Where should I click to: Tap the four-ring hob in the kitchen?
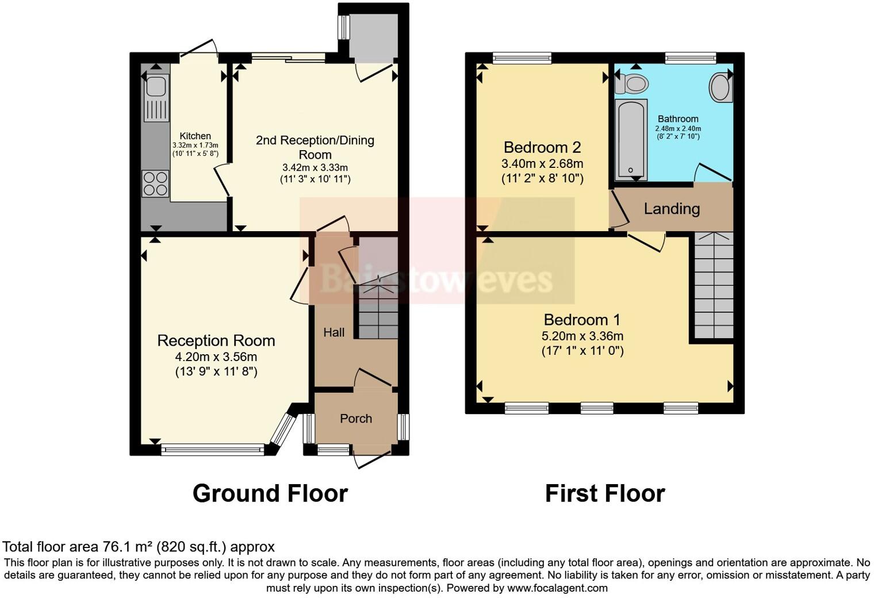156,183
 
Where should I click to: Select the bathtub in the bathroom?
631,140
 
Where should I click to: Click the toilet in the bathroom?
631,84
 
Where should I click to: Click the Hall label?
333,332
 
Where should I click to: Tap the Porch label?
356,419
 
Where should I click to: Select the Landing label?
672,209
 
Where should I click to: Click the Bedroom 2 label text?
542,147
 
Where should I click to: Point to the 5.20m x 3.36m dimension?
582,336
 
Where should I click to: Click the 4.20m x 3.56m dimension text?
216,357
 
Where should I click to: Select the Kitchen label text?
195,136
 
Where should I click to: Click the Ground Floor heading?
270,493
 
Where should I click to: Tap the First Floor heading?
605,493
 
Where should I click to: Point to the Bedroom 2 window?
522,57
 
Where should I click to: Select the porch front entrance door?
372,458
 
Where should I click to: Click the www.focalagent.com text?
557,588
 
